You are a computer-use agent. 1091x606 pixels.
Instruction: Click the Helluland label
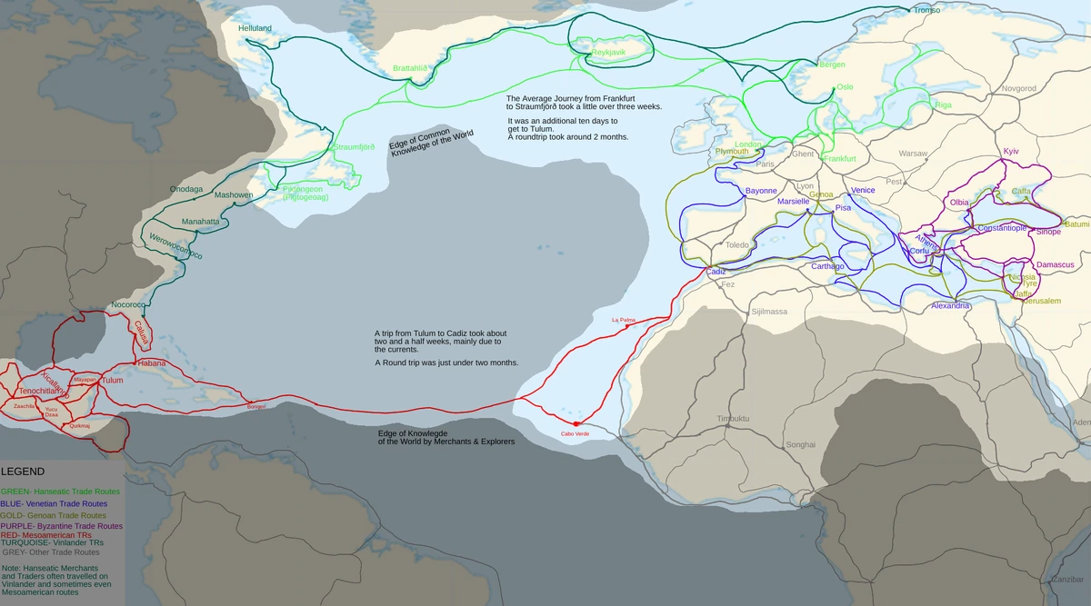[x=255, y=28]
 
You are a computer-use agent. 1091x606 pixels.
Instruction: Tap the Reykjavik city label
[x=608, y=54]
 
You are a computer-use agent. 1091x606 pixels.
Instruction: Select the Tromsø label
[x=926, y=10]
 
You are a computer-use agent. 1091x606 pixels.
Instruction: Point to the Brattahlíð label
[x=409, y=68]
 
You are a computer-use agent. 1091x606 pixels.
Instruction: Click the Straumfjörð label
[x=355, y=147]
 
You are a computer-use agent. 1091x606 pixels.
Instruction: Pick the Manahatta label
[x=201, y=222]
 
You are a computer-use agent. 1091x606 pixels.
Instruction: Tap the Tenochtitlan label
[x=44, y=391]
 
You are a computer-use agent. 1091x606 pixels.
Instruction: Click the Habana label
[x=151, y=363]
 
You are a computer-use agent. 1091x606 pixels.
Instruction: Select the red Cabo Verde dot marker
[x=576, y=423]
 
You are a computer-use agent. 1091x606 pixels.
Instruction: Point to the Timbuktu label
[x=733, y=418]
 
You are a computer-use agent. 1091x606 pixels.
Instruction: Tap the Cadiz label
[x=716, y=272]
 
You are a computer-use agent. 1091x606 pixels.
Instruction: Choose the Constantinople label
[x=990, y=228]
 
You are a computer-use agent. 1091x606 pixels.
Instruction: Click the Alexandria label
[x=951, y=306]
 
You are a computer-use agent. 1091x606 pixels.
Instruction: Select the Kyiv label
[x=1011, y=151]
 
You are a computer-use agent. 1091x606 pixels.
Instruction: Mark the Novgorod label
[x=1018, y=88]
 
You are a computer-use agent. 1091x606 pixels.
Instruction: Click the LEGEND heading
[x=23, y=472]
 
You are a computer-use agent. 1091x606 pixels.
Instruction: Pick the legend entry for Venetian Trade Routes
[x=54, y=502]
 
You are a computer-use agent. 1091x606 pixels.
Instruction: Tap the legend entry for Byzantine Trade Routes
[x=61, y=526]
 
